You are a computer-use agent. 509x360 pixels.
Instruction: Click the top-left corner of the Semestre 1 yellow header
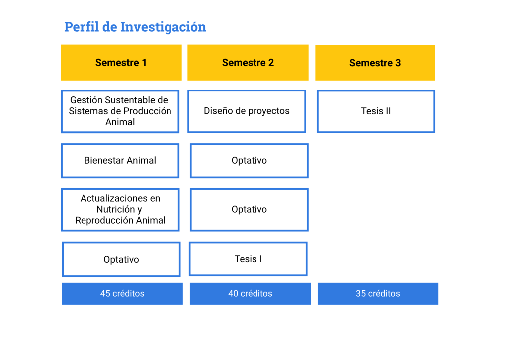(x=61, y=45)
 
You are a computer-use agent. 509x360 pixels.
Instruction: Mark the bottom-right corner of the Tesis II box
(x=435, y=133)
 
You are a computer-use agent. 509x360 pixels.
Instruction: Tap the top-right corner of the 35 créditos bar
(x=438, y=283)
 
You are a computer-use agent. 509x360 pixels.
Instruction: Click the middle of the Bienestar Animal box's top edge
(x=120, y=144)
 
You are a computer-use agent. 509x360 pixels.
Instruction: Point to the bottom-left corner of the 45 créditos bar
(x=62, y=304)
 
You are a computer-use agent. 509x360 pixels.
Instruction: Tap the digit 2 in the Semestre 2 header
(x=271, y=63)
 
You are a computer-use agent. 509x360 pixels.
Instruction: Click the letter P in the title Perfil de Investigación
(x=69, y=27)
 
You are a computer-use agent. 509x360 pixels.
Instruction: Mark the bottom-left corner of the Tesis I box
(x=189, y=276)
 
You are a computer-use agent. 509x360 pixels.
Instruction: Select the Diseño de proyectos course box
(x=247, y=111)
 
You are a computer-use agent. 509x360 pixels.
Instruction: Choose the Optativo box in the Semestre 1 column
(x=121, y=260)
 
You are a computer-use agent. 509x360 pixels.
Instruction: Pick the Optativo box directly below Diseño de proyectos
(x=249, y=161)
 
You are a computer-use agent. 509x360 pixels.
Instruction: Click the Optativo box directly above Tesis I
(x=249, y=210)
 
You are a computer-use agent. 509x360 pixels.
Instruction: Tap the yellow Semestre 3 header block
(x=375, y=63)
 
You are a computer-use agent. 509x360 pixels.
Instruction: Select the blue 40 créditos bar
(x=250, y=294)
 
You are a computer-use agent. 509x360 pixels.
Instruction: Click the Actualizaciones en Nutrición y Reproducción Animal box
(x=120, y=210)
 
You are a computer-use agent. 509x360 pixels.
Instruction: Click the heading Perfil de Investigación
(x=135, y=27)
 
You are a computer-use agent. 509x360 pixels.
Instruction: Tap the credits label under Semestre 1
(x=122, y=293)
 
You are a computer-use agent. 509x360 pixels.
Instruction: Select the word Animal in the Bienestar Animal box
(x=141, y=161)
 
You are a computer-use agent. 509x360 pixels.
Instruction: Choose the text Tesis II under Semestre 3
(x=376, y=111)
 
